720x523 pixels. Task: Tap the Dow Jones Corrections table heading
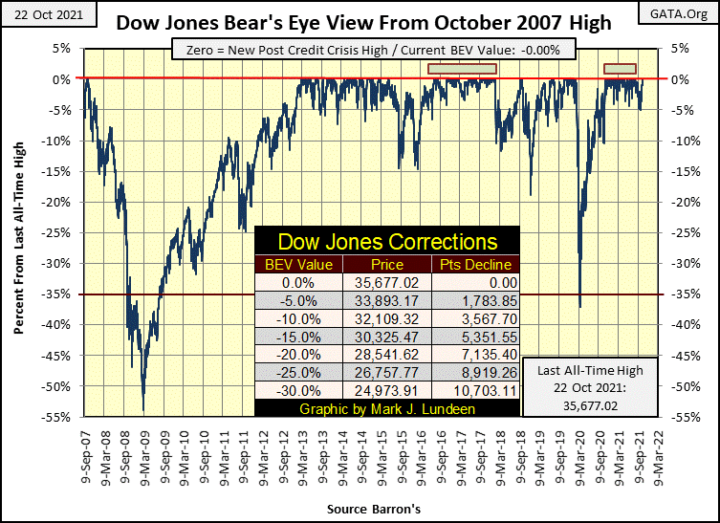pyautogui.click(x=386, y=241)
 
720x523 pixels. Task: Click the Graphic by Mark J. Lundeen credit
pyautogui.click(x=386, y=408)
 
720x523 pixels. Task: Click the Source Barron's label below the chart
pyautogui.click(x=373, y=512)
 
